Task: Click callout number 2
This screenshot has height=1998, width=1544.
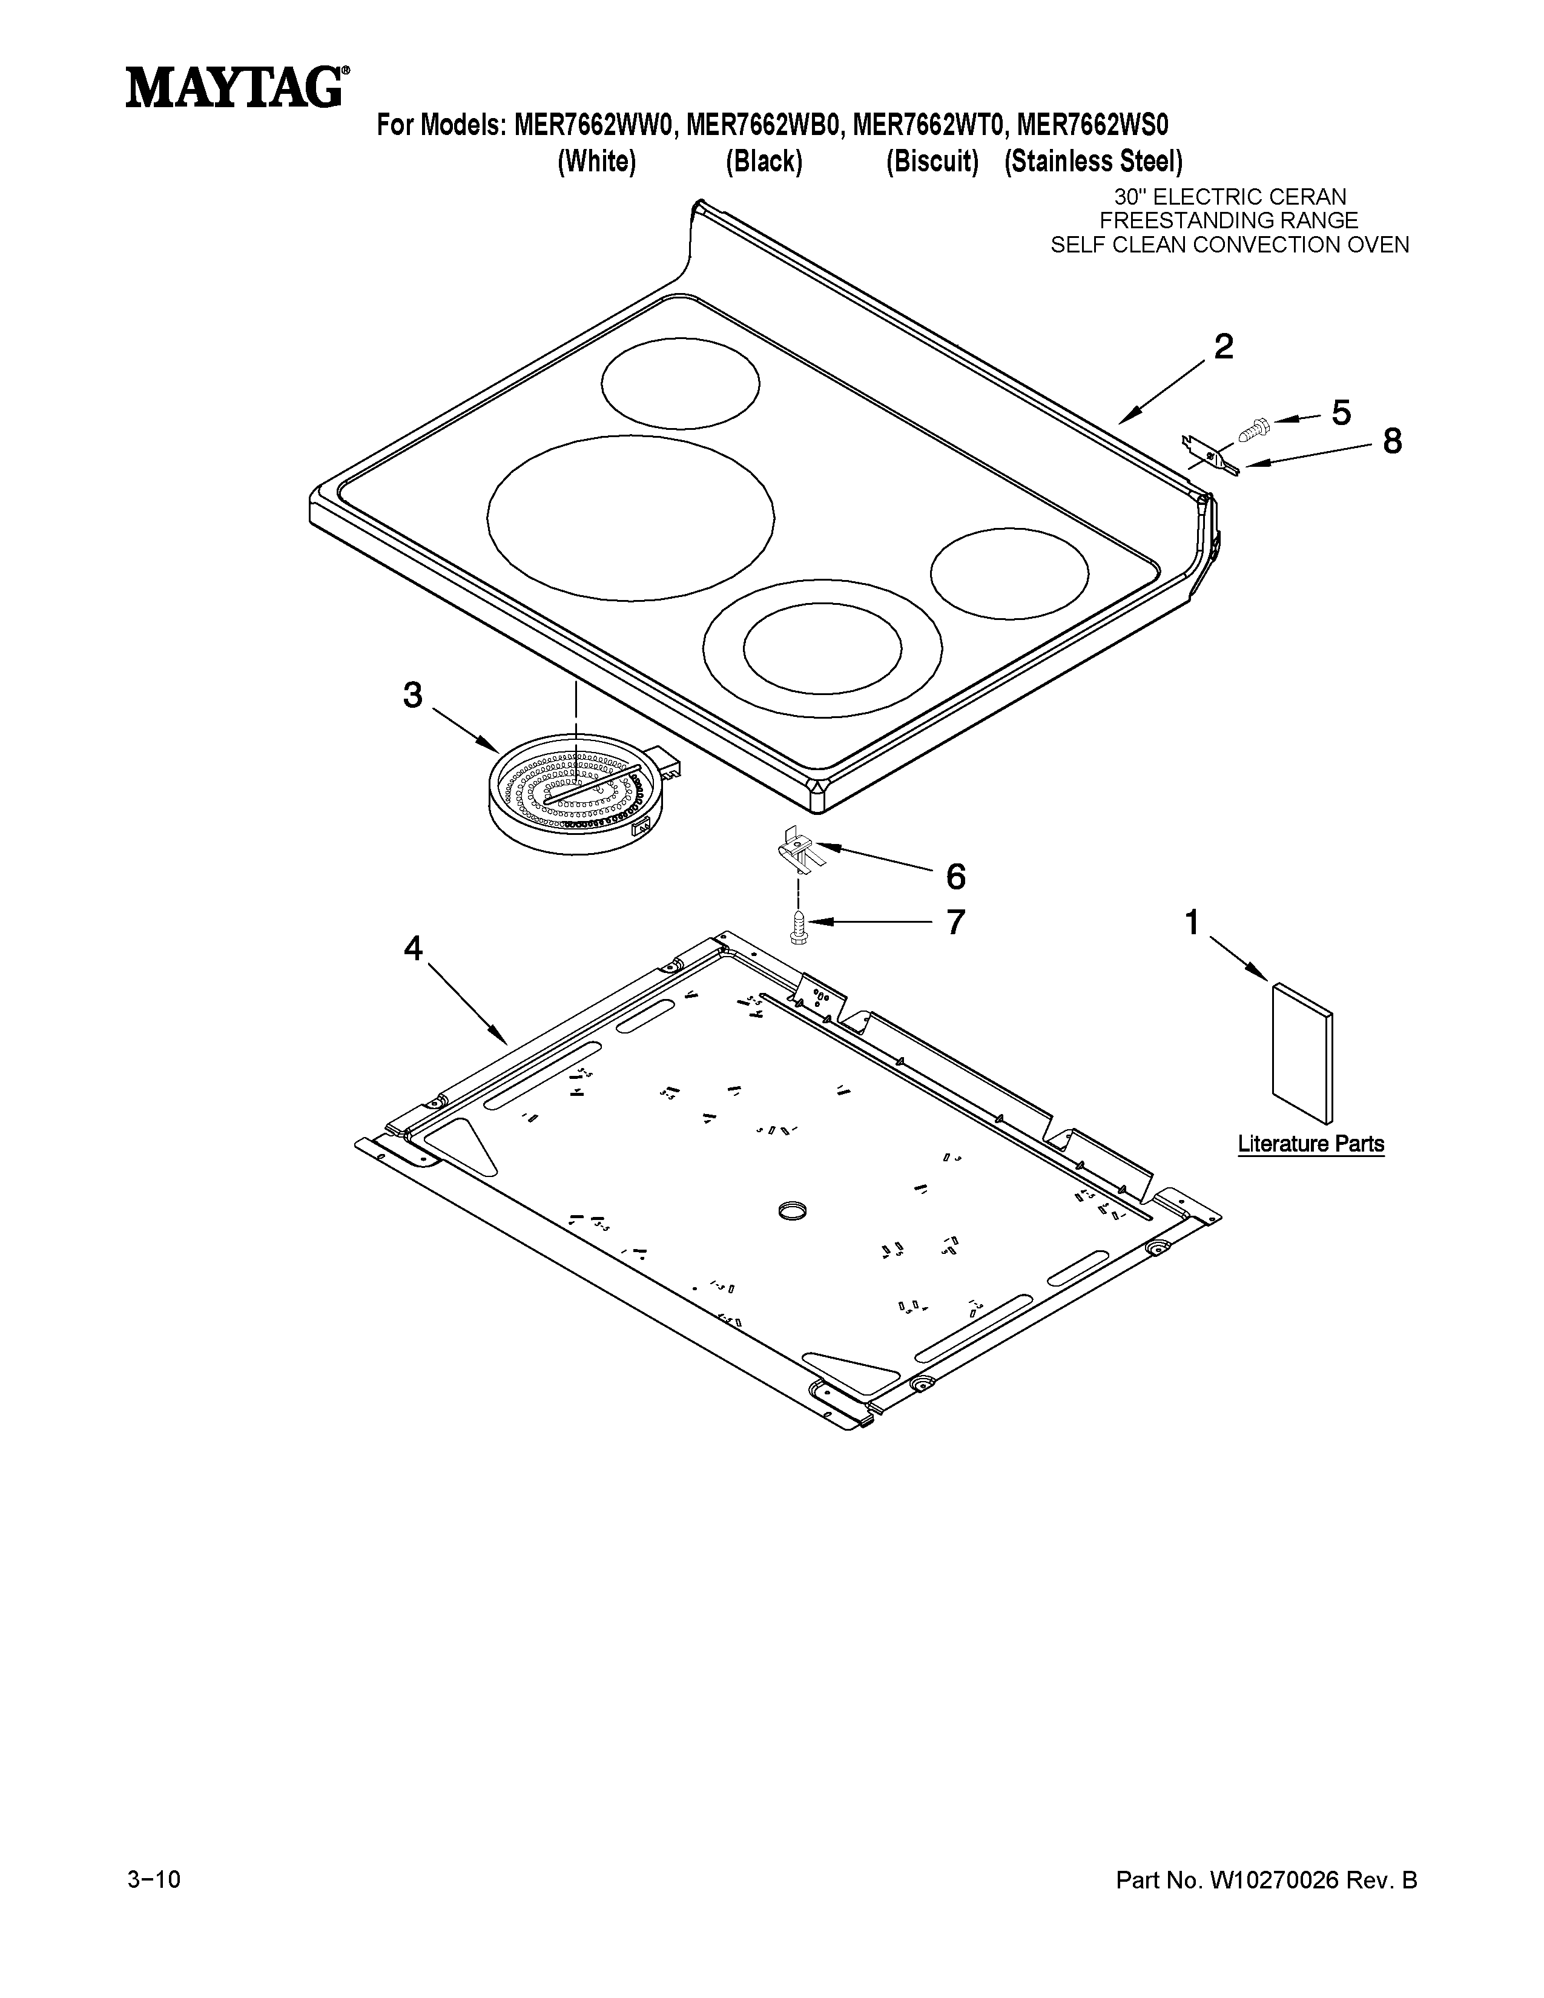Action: click(x=1223, y=347)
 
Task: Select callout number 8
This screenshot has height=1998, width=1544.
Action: click(x=1391, y=442)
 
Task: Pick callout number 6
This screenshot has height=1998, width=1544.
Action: click(x=955, y=877)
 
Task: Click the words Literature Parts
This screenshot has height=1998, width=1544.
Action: click(x=1310, y=1144)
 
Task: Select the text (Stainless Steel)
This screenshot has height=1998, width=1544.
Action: click(x=1093, y=162)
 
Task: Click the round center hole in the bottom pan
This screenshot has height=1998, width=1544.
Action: click(x=792, y=1212)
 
